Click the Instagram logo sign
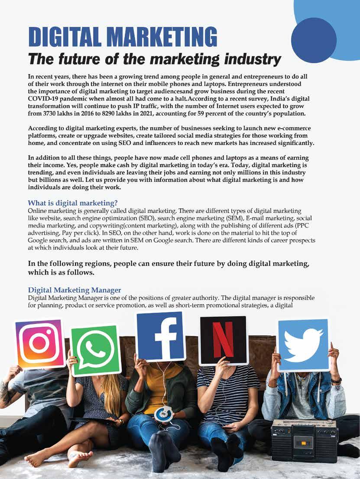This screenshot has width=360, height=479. click(40, 343)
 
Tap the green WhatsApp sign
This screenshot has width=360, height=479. click(96, 350)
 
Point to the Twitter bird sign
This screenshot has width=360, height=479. click(303, 345)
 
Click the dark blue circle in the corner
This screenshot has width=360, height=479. click(314, 41)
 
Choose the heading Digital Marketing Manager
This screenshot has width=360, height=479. click(74, 290)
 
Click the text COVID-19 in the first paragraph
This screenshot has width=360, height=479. click(45, 99)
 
